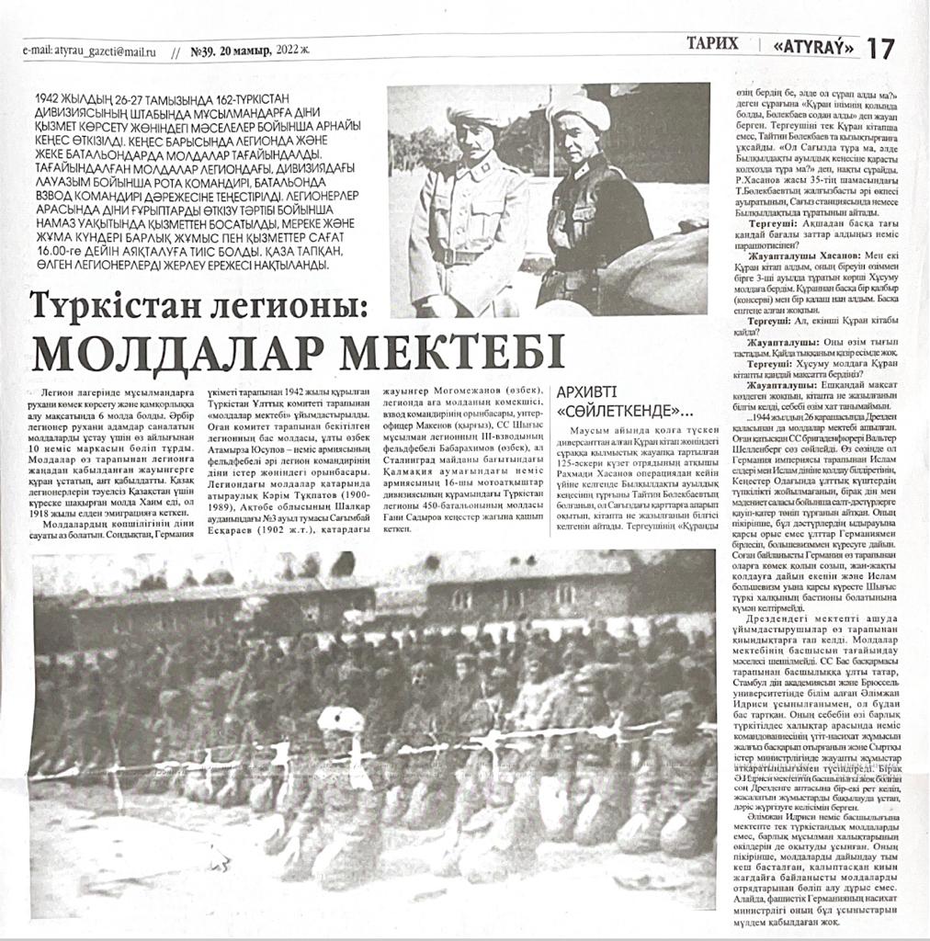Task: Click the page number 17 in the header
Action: pyautogui.click(x=879, y=48)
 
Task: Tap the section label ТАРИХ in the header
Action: pyautogui.click(x=712, y=42)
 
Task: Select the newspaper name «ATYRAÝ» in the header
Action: pyautogui.click(x=814, y=45)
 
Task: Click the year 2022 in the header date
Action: pyautogui.click(x=289, y=51)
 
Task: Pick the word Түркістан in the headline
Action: pyautogui.click(x=116, y=304)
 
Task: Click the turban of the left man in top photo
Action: pyautogui.click(x=479, y=115)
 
